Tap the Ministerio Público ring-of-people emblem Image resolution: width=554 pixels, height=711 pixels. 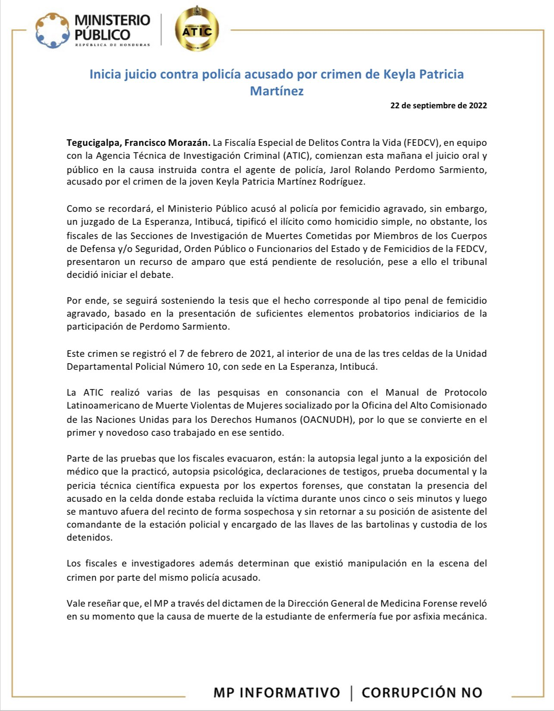point(52,31)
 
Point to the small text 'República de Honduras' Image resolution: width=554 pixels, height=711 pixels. point(113,45)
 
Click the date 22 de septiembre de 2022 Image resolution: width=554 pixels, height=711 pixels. point(438,105)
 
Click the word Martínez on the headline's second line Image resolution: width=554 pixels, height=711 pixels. point(277,91)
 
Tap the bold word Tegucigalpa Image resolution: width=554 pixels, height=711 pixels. point(93,143)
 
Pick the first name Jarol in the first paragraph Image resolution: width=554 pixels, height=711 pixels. point(340,170)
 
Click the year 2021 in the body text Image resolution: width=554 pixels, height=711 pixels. point(261,354)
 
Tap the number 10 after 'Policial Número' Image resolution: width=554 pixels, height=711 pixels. point(211,367)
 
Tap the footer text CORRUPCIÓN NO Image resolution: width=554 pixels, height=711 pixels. point(422,692)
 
